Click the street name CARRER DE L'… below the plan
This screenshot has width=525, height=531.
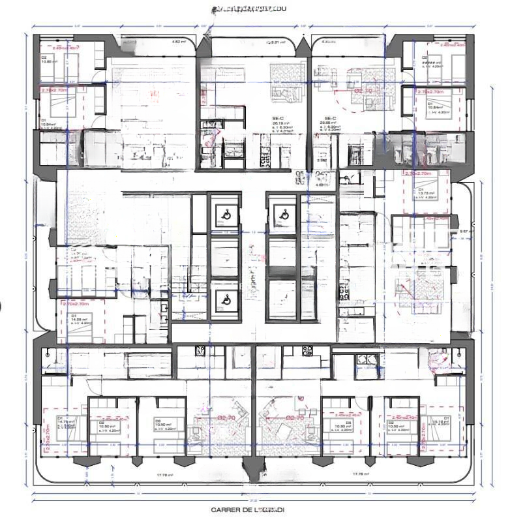247,509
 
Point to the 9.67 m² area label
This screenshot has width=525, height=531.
465,232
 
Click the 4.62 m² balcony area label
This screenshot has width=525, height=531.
178,42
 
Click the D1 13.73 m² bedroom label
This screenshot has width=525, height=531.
428,194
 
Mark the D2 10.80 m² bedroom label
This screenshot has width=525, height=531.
50,59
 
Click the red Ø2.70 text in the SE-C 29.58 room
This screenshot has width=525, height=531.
363,91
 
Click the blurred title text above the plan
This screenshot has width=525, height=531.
248,9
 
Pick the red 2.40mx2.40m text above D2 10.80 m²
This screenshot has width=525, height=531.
65,48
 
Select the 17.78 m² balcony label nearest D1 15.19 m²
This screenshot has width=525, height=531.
361,474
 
